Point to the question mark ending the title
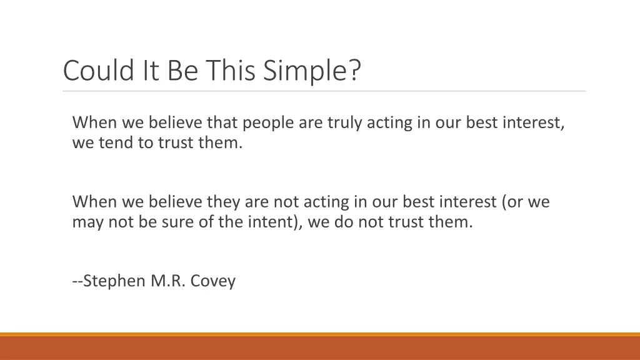point(354,70)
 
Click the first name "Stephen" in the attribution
point(115,281)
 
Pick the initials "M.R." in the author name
point(167,281)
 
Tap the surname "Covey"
point(213,281)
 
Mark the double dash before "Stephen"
point(77,281)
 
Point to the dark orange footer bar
point(320,349)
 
